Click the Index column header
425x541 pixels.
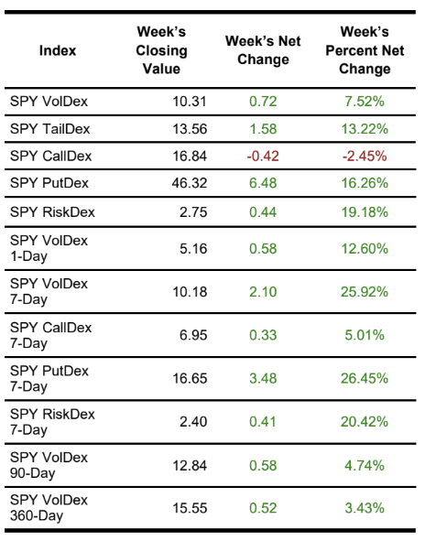[58, 50]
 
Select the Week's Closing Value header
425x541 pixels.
[160, 50]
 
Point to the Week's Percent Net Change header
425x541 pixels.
[364, 50]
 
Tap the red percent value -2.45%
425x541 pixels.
[364, 156]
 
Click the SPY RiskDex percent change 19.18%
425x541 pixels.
[364, 212]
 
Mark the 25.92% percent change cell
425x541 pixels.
[364, 291]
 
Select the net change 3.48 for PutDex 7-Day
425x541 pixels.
[263, 377]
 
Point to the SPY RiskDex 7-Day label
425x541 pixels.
[52, 421]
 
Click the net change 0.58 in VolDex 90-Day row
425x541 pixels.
[263, 464]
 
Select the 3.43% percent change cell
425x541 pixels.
[364, 507]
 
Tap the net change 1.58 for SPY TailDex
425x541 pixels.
[263, 128]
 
